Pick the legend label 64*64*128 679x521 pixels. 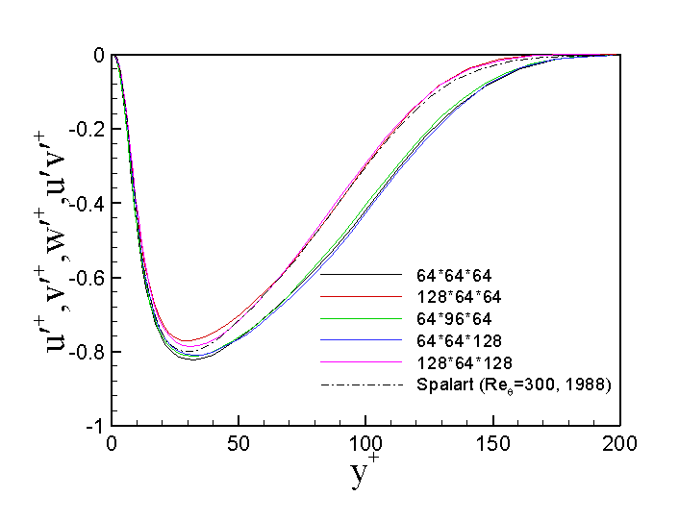click(x=452, y=340)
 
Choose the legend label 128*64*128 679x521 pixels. click(x=456, y=362)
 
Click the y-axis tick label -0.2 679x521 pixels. click(x=86, y=130)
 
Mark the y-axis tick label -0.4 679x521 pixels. click(x=86, y=204)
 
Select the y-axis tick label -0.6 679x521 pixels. click(x=86, y=278)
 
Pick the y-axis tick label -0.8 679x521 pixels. click(x=86, y=352)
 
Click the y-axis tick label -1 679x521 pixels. click(x=93, y=426)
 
